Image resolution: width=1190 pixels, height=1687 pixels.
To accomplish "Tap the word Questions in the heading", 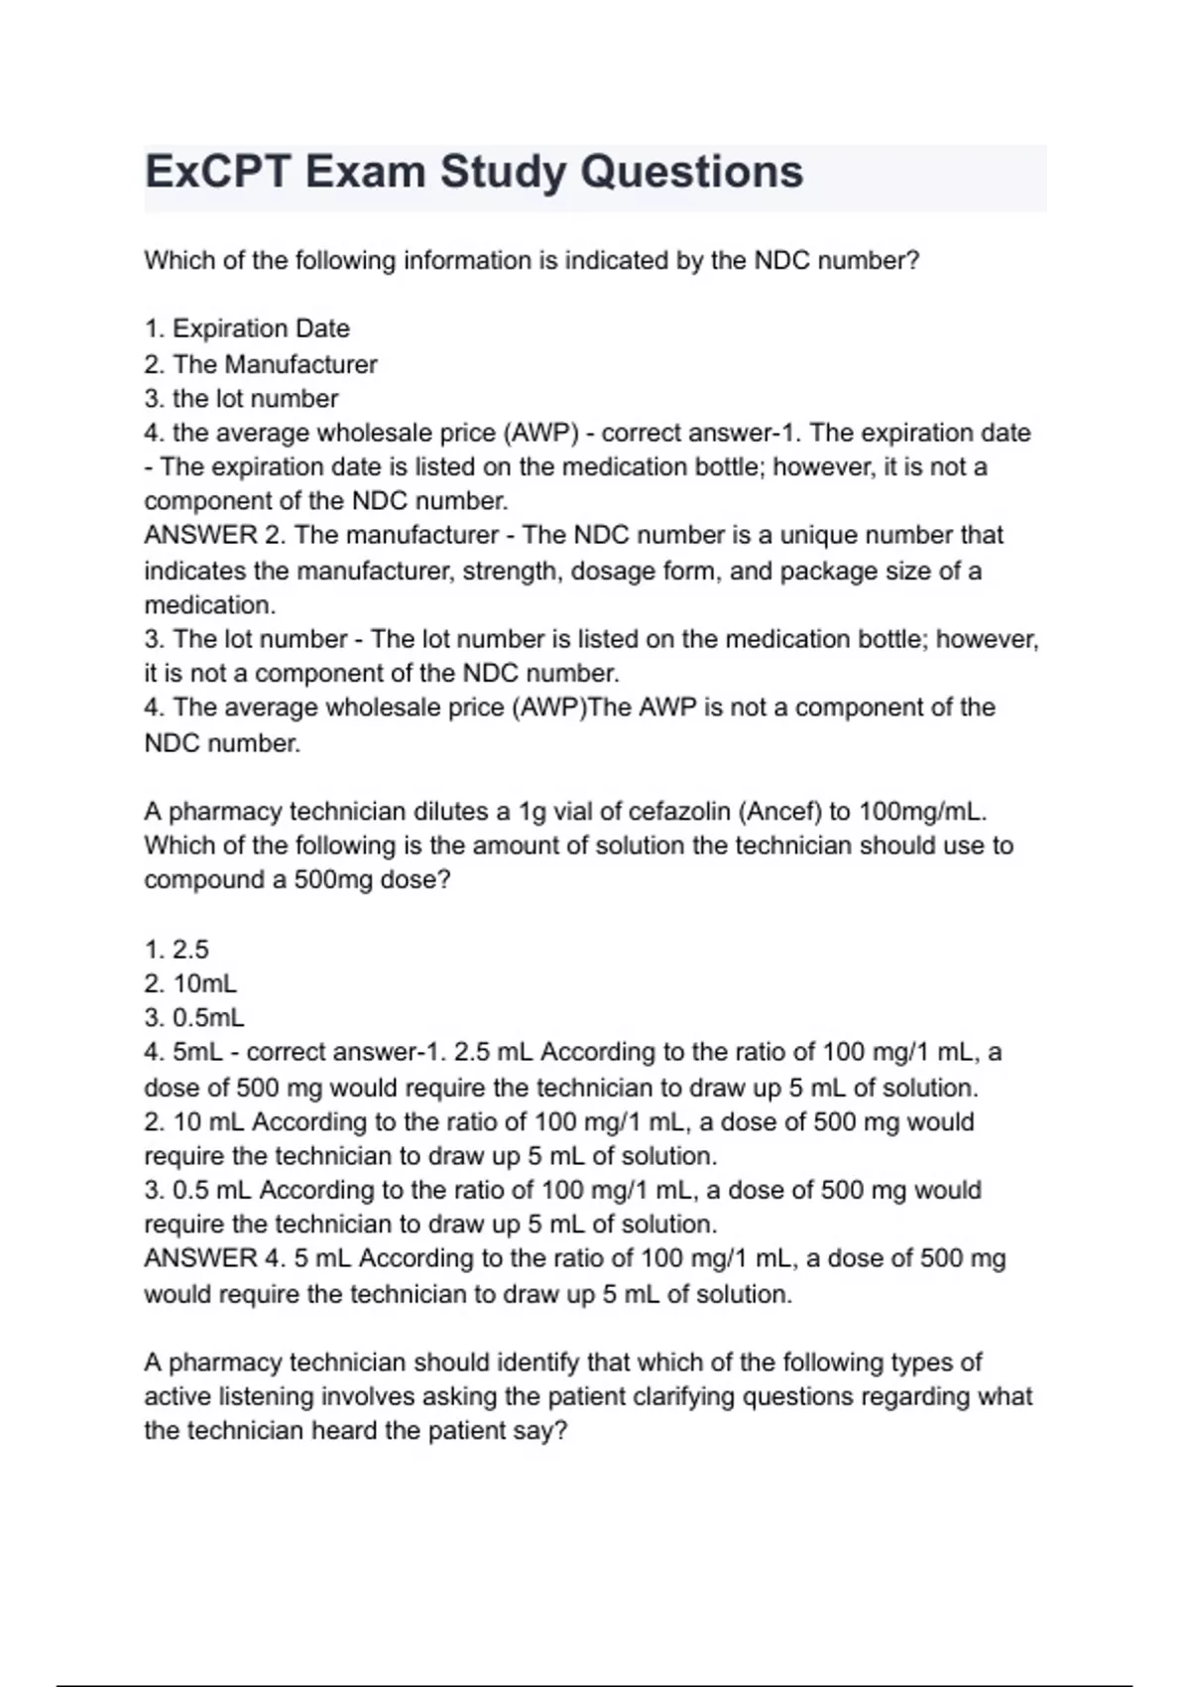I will point(691,172).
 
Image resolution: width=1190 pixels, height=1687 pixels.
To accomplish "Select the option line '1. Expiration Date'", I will point(247,328).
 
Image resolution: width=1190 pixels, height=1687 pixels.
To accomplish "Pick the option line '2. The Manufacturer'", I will point(261,364).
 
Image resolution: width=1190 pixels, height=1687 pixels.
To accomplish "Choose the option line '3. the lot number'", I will point(241,399).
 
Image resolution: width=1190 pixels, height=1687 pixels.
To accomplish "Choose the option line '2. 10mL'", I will point(190,984).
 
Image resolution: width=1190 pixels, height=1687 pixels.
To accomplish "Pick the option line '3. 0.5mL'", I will point(194,1018).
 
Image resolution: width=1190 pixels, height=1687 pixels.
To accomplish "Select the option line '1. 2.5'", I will point(177,950).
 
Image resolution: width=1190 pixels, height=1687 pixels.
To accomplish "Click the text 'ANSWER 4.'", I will point(215,1258).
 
